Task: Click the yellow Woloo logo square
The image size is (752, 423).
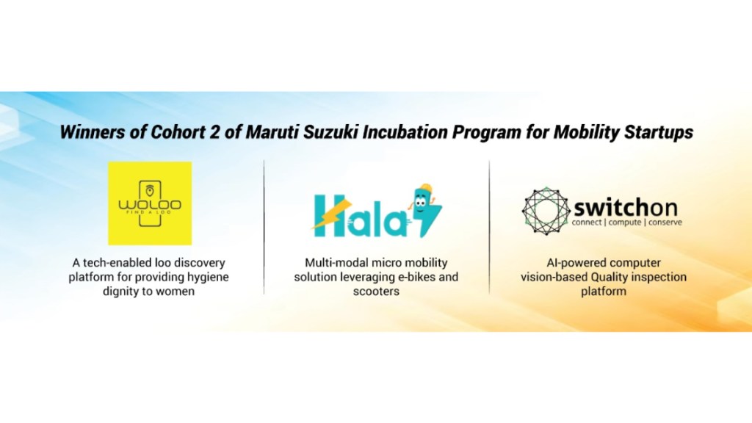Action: (x=150, y=203)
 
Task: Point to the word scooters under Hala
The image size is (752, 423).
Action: (x=376, y=291)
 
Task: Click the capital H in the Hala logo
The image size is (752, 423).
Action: (x=327, y=213)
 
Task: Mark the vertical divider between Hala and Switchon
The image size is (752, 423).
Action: (x=490, y=228)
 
